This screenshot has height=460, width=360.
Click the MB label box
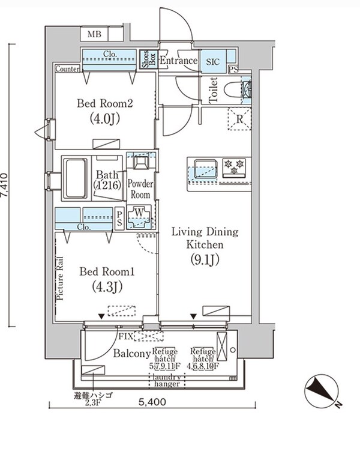click(x=95, y=35)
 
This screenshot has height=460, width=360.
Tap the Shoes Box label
click(x=146, y=60)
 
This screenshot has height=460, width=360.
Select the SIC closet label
click(x=213, y=61)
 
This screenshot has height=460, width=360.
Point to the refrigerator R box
click(x=239, y=119)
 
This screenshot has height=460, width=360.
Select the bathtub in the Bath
click(x=75, y=178)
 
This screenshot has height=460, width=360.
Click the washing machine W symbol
click(x=140, y=216)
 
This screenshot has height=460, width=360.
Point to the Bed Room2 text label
click(x=104, y=103)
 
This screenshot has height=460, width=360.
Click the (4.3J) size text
click(x=108, y=287)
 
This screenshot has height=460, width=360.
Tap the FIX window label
click(x=126, y=335)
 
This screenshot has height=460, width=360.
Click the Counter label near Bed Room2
click(x=68, y=69)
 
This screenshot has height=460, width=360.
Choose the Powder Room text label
click(x=140, y=190)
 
